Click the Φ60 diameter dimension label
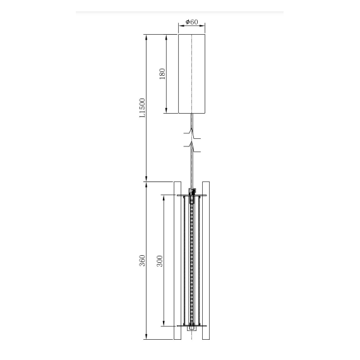click(x=192, y=22)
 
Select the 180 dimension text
click(x=162, y=74)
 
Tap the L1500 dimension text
click(x=142, y=108)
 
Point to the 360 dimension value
click(x=142, y=261)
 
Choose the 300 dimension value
click(x=160, y=261)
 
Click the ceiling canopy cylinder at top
click(x=192, y=74)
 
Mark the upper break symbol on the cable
click(x=192, y=135)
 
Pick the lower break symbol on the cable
click(x=192, y=147)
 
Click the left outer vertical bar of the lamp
click(x=177, y=260)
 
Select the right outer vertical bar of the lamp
click(x=206, y=260)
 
